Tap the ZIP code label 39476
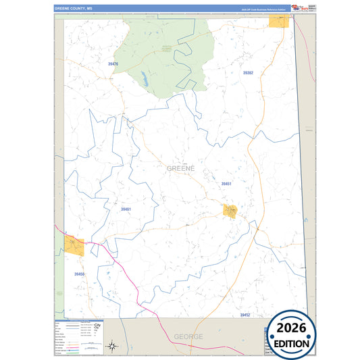coord(112,64)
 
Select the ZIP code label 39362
coord(248,72)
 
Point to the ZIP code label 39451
coord(226,184)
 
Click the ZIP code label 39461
coord(126,209)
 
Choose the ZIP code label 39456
coord(80,274)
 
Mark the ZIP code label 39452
coord(245,315)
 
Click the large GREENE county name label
coord(180,168)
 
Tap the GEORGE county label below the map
coord(188,336)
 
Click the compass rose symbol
coord(114,346)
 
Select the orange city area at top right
coord(278,22)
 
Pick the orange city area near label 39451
coord(230,211)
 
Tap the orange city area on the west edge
coord(74,245)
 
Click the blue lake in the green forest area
coord(144,79)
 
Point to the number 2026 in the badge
coord(292,330)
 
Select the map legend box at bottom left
coord(78,335)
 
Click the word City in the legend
coord(97,326)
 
